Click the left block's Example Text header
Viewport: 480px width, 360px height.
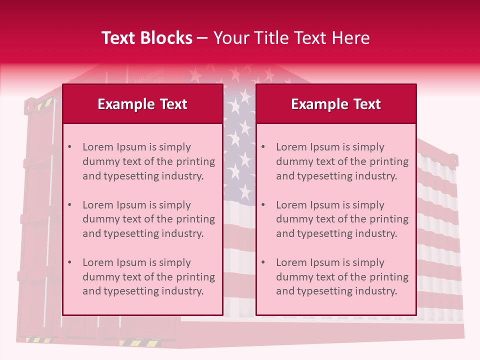[142, 104]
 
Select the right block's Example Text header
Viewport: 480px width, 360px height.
[336, 104]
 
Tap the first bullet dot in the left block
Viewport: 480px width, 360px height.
[69, 147]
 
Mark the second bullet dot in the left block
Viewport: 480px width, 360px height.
[69, 205]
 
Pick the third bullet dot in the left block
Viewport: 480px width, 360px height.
[69, 262]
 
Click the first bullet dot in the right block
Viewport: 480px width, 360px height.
[263, 147]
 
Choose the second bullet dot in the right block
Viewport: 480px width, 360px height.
[263, 205]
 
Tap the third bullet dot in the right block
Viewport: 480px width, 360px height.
[263, 262]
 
